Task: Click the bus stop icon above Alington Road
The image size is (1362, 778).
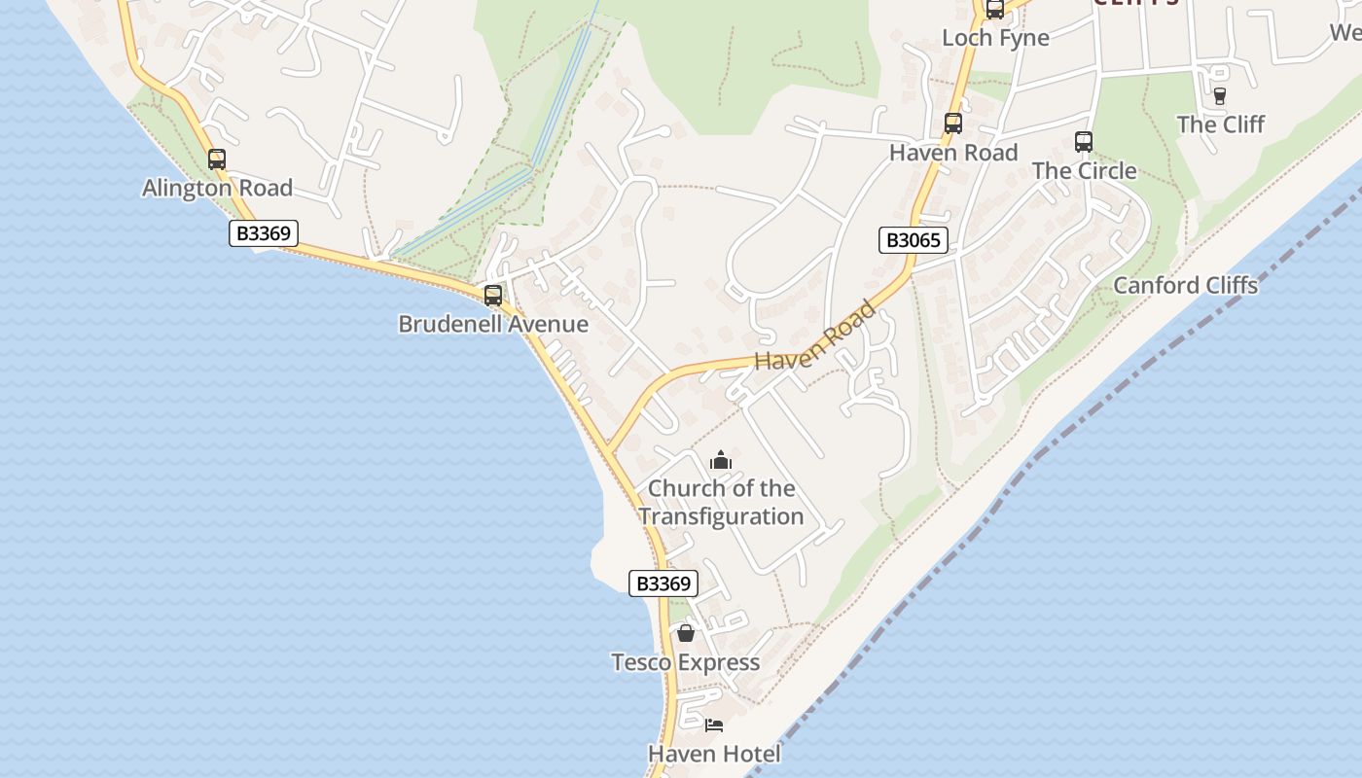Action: (217, 159)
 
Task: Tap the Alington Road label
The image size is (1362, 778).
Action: (217, 188)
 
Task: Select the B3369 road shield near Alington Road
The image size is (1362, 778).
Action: (263, 233)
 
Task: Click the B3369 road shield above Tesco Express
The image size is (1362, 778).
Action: (663, 583)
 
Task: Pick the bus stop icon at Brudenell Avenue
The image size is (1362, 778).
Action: (493, 296)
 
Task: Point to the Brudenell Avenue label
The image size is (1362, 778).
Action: (493, 324)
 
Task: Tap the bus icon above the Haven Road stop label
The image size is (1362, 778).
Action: (953, 124)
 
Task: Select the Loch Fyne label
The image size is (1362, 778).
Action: (995, 38)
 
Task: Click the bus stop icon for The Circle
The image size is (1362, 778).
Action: (1084, 142)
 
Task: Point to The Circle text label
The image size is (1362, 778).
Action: (1084, 170)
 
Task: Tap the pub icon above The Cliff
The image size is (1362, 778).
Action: (1220, 95)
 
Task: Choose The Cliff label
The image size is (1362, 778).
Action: (1220, 124)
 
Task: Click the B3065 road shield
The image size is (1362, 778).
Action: (913, 240)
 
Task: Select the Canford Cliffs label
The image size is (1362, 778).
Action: (1185, 285)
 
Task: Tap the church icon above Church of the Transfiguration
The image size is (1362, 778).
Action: (720, 460)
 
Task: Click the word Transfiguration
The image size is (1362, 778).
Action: (721, 516)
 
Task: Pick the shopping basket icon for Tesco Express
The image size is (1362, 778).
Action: (686, 634)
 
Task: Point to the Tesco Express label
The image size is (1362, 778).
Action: (685, 662)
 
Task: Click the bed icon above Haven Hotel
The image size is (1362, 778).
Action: (714, 725)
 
